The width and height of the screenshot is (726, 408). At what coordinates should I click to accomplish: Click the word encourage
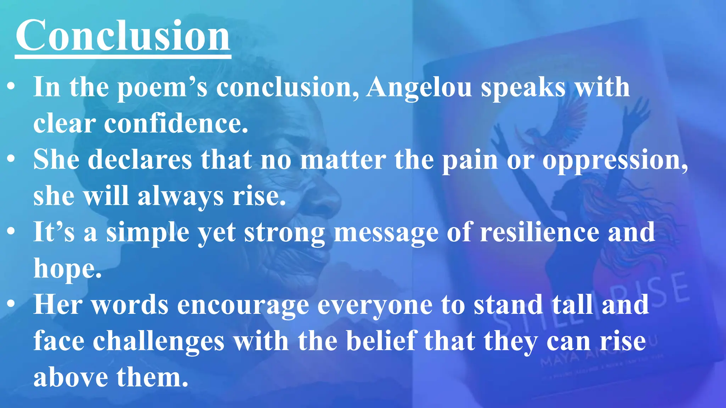(243, 305)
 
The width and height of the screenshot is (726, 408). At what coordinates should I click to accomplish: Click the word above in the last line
(71, 378)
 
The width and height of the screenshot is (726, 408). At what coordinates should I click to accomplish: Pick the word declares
(139, 160)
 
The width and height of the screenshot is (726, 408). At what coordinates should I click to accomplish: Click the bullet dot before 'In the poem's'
(11, 86)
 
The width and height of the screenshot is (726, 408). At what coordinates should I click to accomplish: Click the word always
(180, 197)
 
